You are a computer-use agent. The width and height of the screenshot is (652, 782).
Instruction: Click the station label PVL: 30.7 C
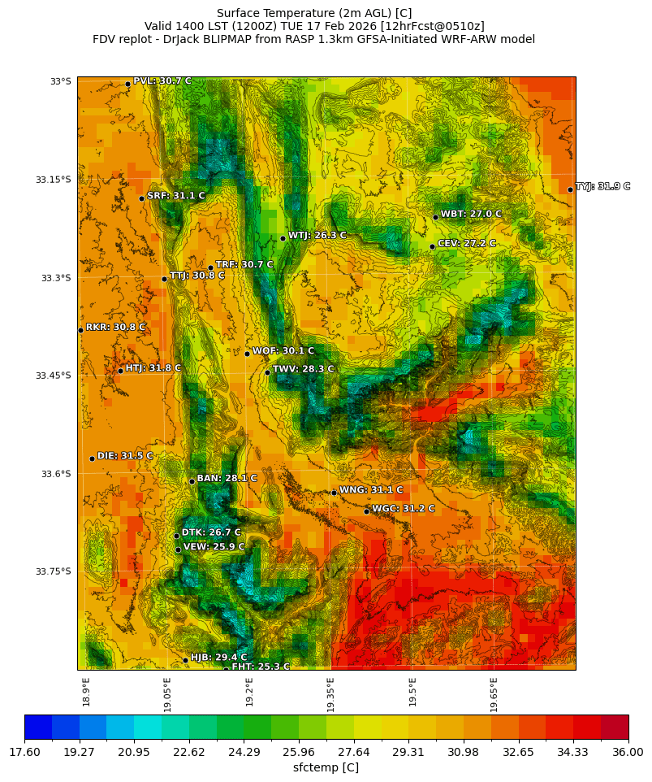click(162, 81)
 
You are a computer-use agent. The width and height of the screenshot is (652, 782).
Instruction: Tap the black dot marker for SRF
click(141, 198)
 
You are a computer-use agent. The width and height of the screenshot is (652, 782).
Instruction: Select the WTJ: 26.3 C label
click(317, 236)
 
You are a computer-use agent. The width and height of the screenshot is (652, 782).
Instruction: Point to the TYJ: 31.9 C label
click(602, 187)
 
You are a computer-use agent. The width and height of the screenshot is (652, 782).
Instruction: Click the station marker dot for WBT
click(435, 217)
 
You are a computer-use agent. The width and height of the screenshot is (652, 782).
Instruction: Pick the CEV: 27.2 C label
click(466, 244)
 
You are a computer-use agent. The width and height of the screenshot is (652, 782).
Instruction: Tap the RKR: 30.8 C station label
click(115, 328)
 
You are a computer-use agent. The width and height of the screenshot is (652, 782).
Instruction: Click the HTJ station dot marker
click(120, 371)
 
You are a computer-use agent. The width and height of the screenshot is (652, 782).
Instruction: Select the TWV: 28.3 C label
click(303, 370)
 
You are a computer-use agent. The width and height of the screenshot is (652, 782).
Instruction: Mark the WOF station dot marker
click(247, 354)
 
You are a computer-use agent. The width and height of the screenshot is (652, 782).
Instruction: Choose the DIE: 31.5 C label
click(125, 457)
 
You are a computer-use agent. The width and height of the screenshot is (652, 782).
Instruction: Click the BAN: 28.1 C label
click(227, 479)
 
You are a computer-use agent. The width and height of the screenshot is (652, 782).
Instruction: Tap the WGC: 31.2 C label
click(403, 509)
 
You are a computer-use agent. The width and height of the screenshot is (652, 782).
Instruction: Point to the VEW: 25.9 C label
click(214, 547)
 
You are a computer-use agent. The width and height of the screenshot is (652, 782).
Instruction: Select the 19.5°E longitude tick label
click(412, 692)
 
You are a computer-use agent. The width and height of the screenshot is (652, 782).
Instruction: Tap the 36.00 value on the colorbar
click(628, 753)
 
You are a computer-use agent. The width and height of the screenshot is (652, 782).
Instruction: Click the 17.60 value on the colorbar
click(24, 753)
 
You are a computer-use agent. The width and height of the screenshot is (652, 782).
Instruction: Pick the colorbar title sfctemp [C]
click(326, 768)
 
